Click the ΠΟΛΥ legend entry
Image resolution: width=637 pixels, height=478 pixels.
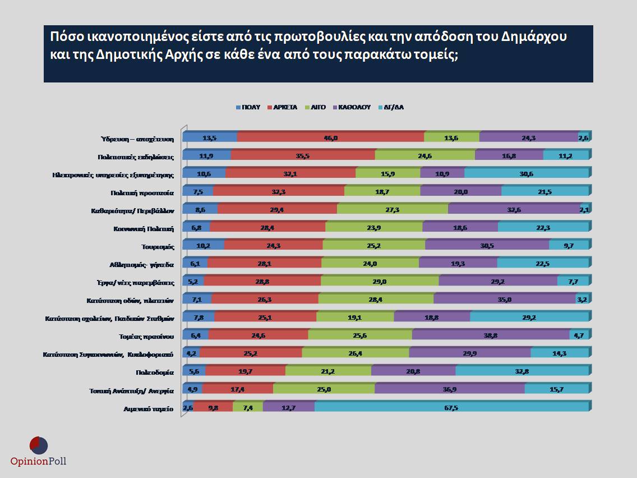249,107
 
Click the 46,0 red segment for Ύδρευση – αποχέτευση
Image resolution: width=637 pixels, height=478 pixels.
331,138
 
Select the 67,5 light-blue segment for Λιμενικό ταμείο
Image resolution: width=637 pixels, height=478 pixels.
451,408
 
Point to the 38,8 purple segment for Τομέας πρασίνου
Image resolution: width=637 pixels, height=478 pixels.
491,336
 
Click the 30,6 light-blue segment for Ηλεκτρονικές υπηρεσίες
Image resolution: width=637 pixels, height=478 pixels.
527,174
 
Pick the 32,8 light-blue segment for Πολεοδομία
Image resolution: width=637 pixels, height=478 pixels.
522,372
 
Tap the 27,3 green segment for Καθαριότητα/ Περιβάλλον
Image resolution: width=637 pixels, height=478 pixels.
393,210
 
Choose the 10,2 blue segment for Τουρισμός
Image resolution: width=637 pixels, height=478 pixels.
204,246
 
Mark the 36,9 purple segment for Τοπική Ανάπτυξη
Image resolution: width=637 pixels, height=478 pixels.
450,390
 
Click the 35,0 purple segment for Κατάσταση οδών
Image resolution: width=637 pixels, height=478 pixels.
505,300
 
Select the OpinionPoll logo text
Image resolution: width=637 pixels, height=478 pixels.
38,461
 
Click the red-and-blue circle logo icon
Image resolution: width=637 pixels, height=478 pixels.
38,444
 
